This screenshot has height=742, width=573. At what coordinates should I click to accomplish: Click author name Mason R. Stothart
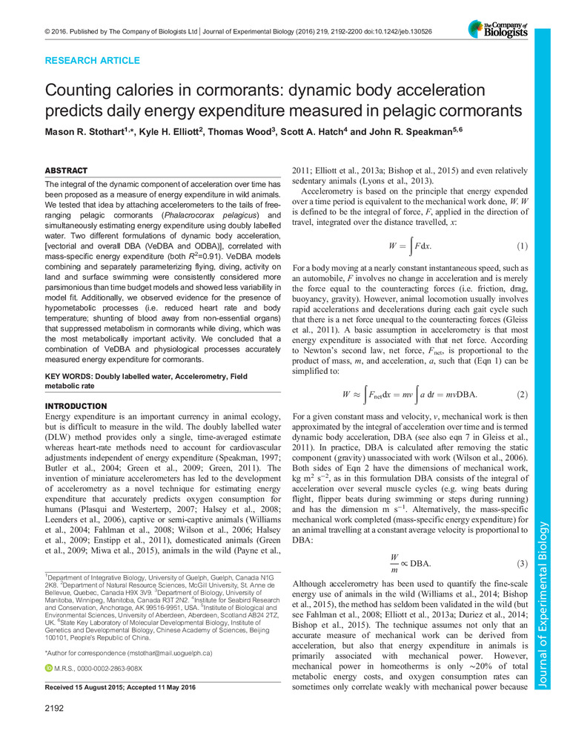91,136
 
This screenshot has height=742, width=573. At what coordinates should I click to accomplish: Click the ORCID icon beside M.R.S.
49,669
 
